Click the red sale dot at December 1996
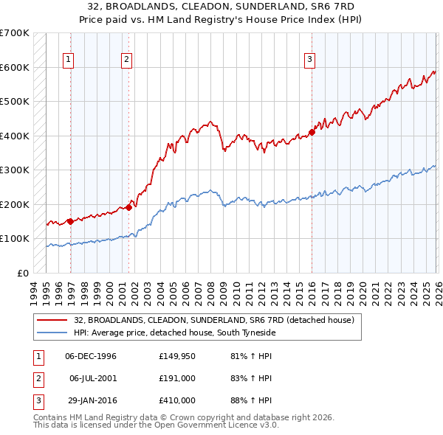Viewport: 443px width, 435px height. click(x=70, y=220)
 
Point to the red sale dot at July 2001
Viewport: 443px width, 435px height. click(x=128, y=207)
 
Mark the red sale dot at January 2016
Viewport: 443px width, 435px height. click(x=312, y=133)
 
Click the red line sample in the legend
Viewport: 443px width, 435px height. click(x=52, y=320)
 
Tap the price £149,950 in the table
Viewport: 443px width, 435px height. click(x=176, y=356)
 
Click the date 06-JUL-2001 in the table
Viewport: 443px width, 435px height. click(x=93, y=378)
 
